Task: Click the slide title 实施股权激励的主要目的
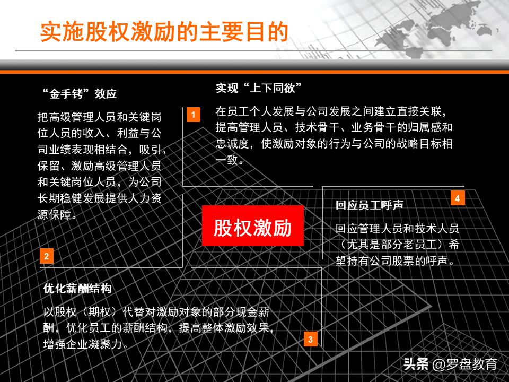point(164,32)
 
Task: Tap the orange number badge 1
point(193,115)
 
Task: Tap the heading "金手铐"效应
point(79,94)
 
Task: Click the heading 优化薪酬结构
point(77,289)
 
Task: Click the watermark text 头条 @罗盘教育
point(450,364)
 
